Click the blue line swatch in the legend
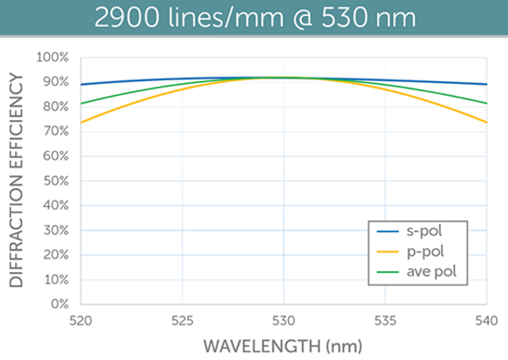tap(384, 230)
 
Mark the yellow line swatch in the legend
tap(384, 251)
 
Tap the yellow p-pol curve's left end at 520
tap(81, 122)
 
